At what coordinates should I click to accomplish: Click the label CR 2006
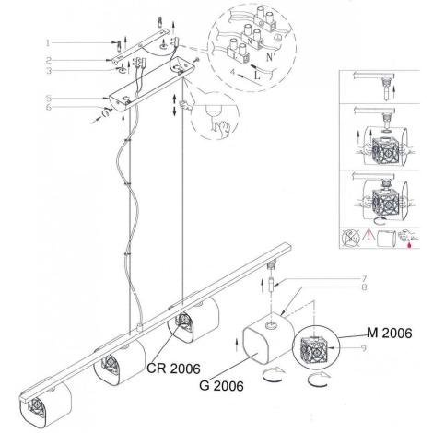point(173,369)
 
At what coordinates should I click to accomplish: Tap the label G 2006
point(221,386)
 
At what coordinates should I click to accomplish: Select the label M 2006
point(390,333)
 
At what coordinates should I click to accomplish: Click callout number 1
point(48,42)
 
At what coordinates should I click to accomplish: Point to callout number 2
point(49,60)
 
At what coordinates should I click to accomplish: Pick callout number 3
point(49,71)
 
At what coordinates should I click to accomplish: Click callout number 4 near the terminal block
point(233,73)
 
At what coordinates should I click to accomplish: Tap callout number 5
point(49,99)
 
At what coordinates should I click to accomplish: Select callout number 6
point(49,108)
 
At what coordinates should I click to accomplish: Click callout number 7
point(364,279)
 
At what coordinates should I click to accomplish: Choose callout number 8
point(364,287)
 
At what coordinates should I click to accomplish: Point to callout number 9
point(364,348)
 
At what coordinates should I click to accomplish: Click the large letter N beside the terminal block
point(269,57)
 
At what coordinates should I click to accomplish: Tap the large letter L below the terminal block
point(257,75)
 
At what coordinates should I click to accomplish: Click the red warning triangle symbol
point(369,236)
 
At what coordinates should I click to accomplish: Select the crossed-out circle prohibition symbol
point(350,238)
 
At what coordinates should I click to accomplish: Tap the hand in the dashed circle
point(223,128)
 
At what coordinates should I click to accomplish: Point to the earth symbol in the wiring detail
point(277,38)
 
